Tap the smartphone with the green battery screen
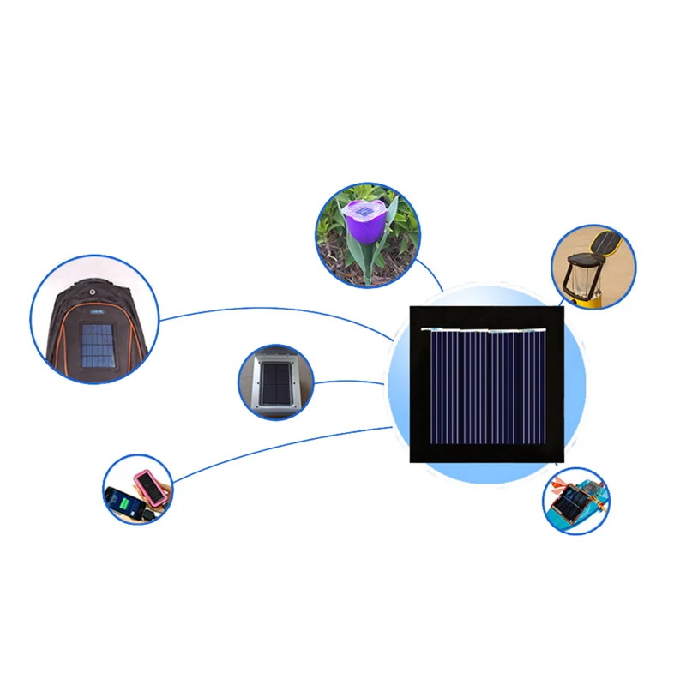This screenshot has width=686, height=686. (x=123, y=502)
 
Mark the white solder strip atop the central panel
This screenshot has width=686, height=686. (x=484, y=329)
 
